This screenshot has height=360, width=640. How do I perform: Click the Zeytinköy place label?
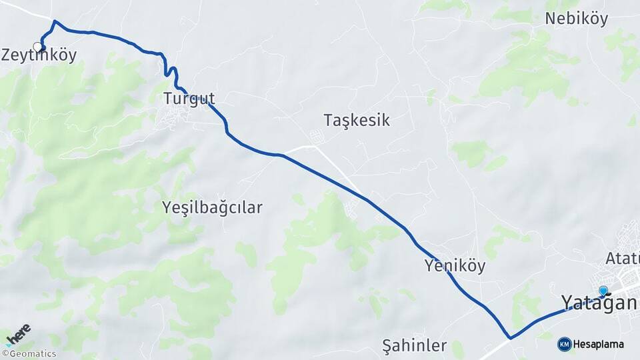(x=39, y=56)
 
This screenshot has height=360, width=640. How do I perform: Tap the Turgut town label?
(x=189, y=99)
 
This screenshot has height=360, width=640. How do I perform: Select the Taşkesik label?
(x=357, y=121)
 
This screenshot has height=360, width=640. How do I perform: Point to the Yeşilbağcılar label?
(x=212, y=208)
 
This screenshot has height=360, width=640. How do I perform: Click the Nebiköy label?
(x=576, y=19)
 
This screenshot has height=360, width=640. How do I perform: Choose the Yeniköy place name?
(x=455, y=266)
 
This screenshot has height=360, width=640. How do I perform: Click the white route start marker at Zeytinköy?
(x=38, y=47)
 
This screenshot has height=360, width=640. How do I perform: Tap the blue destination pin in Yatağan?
(x=603, y=291)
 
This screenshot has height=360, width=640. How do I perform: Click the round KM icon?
(x=564, y=344)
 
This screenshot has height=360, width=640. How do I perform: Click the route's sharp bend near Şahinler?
(x=510, y=338)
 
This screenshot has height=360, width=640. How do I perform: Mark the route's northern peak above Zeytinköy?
(x=55, y=21)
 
